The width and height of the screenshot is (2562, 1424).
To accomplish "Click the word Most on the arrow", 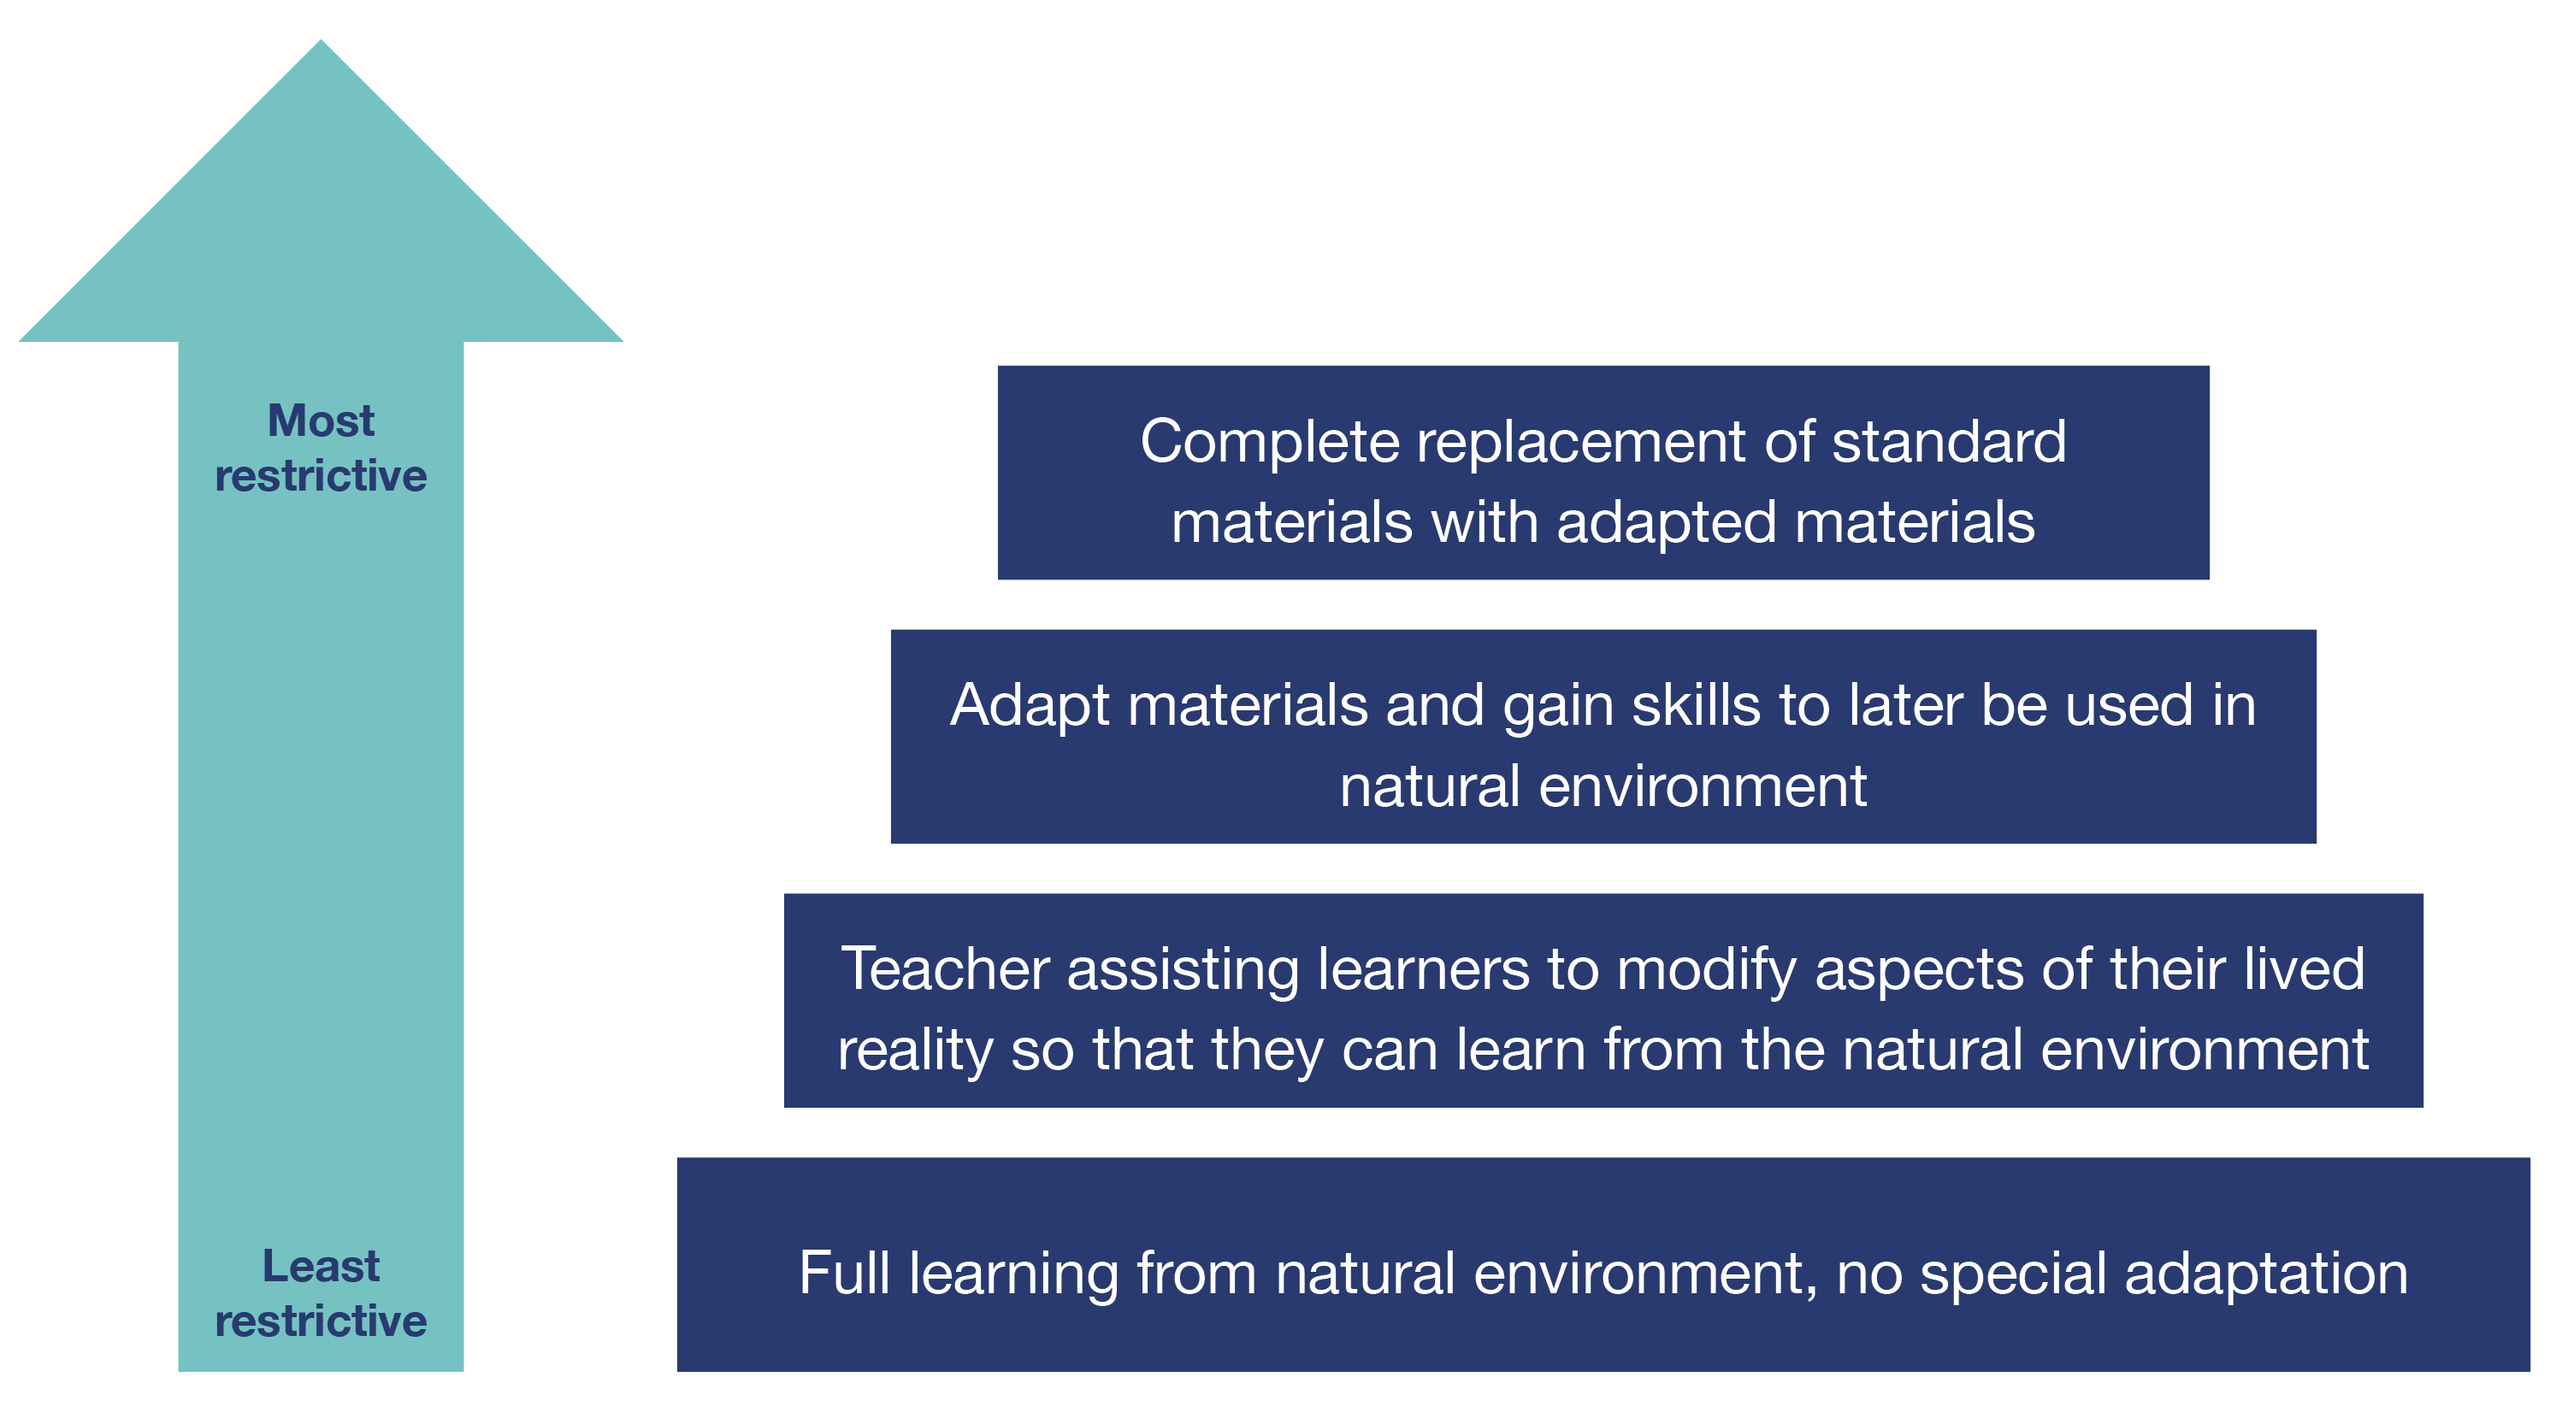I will pos(320,421).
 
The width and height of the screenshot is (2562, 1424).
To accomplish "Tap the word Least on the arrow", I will pos(320,1267).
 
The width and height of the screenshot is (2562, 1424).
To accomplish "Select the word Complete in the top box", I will pos(1269,442).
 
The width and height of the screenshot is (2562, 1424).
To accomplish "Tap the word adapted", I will pos(1666,523).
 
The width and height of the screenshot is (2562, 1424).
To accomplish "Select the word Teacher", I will pos(945,969).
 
